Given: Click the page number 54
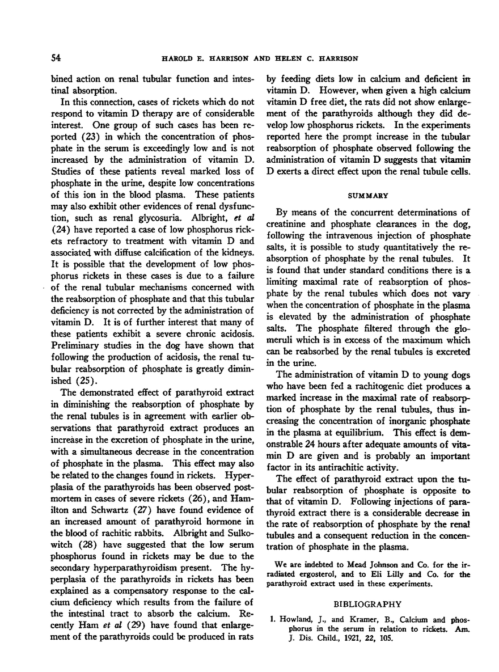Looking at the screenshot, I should click(x=56, y=58).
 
